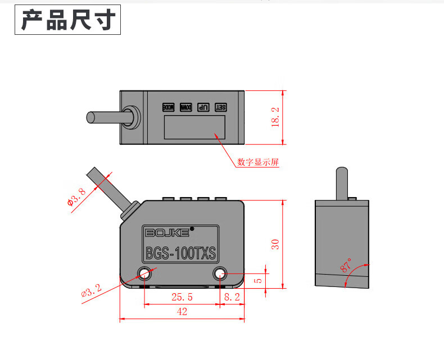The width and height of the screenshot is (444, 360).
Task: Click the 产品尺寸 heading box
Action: tap(68, 20)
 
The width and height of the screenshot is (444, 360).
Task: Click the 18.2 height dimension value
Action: tap(275, 117)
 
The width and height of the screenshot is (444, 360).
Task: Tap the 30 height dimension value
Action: tap(275, 244)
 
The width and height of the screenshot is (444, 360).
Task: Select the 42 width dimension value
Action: tap(182, 312)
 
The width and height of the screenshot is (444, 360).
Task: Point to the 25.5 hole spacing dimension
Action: tap(182, 297)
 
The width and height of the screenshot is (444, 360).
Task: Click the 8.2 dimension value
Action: tap(232, 297)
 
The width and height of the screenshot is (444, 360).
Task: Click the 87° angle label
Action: tap(346, 265)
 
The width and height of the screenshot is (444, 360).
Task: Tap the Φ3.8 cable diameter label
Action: tap(76, 197)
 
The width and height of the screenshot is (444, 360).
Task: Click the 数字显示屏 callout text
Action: tap(258, 162)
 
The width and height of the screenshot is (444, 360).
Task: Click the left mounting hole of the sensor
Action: tap(144, 274)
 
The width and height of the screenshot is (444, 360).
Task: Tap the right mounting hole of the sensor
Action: tap(219, 274)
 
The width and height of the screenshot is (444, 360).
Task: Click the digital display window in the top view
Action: tap(194, 126)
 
